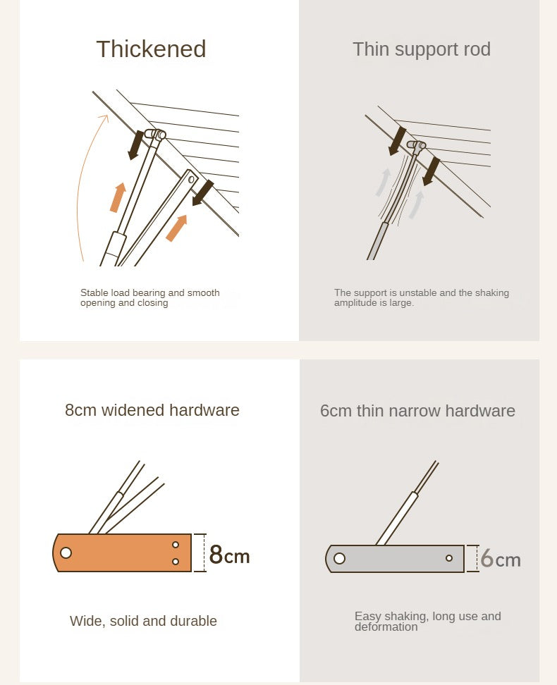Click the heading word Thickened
(x=151, y=49)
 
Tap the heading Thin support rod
(x=422, y=49)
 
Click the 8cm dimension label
(x=229, y=554)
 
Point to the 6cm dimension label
(x=501, y=559)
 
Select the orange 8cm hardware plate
(x=122, y=553)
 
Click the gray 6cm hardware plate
(x=395, y=558)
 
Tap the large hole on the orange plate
(x=66, y=553)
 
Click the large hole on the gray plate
(x=339, y=558)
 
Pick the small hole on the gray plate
(x=449, y=558)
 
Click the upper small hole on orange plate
(x=176, y=545)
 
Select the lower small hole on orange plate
(x=176, y=562)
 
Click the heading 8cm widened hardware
(x=152, y=410)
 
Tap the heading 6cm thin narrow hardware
(x=417, y=411)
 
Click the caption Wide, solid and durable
(x=143, y=621)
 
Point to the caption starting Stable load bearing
(x=150, y=297)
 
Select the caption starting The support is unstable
(x=422, y=297)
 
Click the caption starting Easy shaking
(x=427, y=621)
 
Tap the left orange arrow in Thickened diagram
(x=118, y=197)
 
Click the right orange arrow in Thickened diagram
(x=177, y=228)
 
